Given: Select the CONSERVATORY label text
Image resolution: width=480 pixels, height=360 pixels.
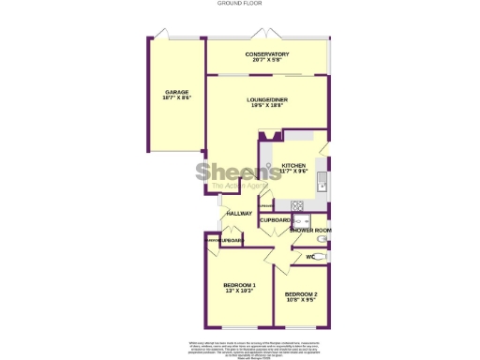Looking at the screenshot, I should (x=267, y=54).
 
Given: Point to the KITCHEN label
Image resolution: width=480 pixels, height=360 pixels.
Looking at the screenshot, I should (x=293, y=165).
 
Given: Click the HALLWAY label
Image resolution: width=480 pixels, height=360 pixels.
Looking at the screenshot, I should (x=239, y=214).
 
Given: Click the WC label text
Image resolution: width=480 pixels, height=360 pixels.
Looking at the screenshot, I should (x=309, y=256).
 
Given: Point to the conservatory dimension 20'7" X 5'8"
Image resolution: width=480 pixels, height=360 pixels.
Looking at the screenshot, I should (x=267, y=60).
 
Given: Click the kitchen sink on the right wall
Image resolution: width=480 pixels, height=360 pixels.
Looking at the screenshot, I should (x=321, y=178).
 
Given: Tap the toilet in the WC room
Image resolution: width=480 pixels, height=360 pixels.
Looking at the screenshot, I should (x=322, y=254).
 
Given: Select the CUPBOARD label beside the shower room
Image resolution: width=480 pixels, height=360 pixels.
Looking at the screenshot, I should (x=275, y=219).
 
